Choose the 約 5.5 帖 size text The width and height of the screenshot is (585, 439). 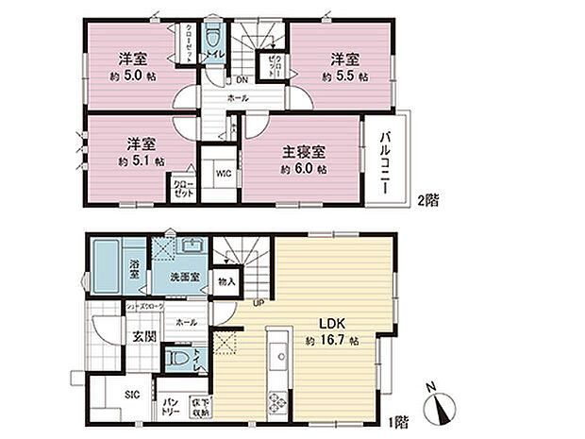coord(344,76)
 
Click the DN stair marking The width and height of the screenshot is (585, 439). coord(242,79)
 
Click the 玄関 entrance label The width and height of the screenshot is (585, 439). coord(142,336)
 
